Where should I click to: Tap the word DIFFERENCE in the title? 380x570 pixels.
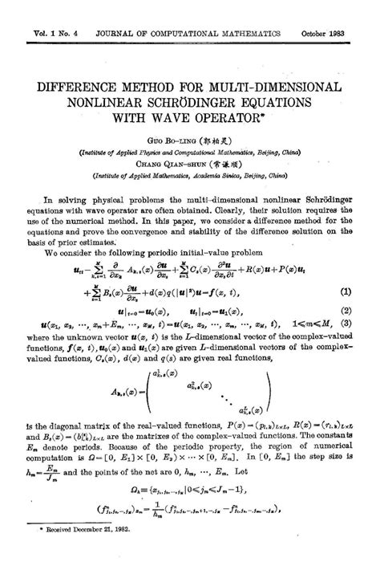pyautogui.click(x=78, y=86)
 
